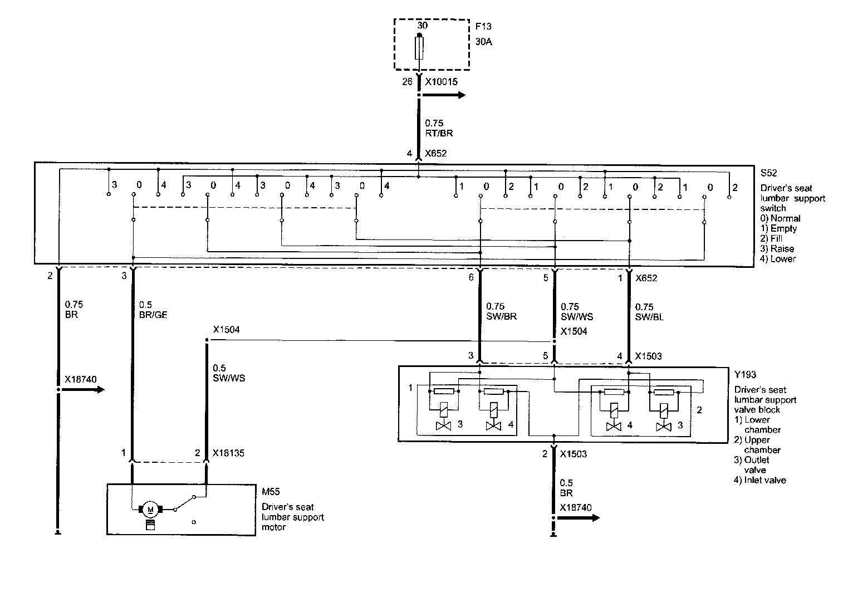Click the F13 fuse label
[483, 26]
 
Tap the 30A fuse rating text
[484, 42]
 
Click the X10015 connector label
[441, 82]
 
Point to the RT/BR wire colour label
[439, 134]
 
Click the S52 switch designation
[768, 173]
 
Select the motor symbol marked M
[149, 508]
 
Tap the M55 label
[271, 492]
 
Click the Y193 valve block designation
[746, 375]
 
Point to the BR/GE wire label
[153, 315]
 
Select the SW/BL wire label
[649, 317]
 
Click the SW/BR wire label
[502, 316]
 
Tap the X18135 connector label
[228, 453]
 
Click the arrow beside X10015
[454, 95]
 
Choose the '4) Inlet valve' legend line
[760, 479]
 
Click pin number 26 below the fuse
[408, 82]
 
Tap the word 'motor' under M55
[274, 527]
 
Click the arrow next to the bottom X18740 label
[587, 518]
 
